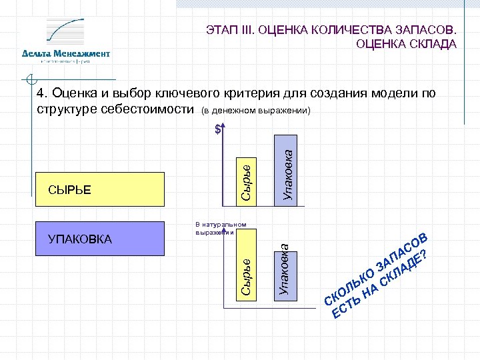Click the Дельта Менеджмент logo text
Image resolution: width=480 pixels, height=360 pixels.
tap(65, 53)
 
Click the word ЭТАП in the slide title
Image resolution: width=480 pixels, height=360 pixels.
tap(220, 31)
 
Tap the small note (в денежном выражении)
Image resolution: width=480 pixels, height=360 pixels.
tap(256, 109)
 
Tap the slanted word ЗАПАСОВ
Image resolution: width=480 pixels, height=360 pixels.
tap(401, 253)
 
